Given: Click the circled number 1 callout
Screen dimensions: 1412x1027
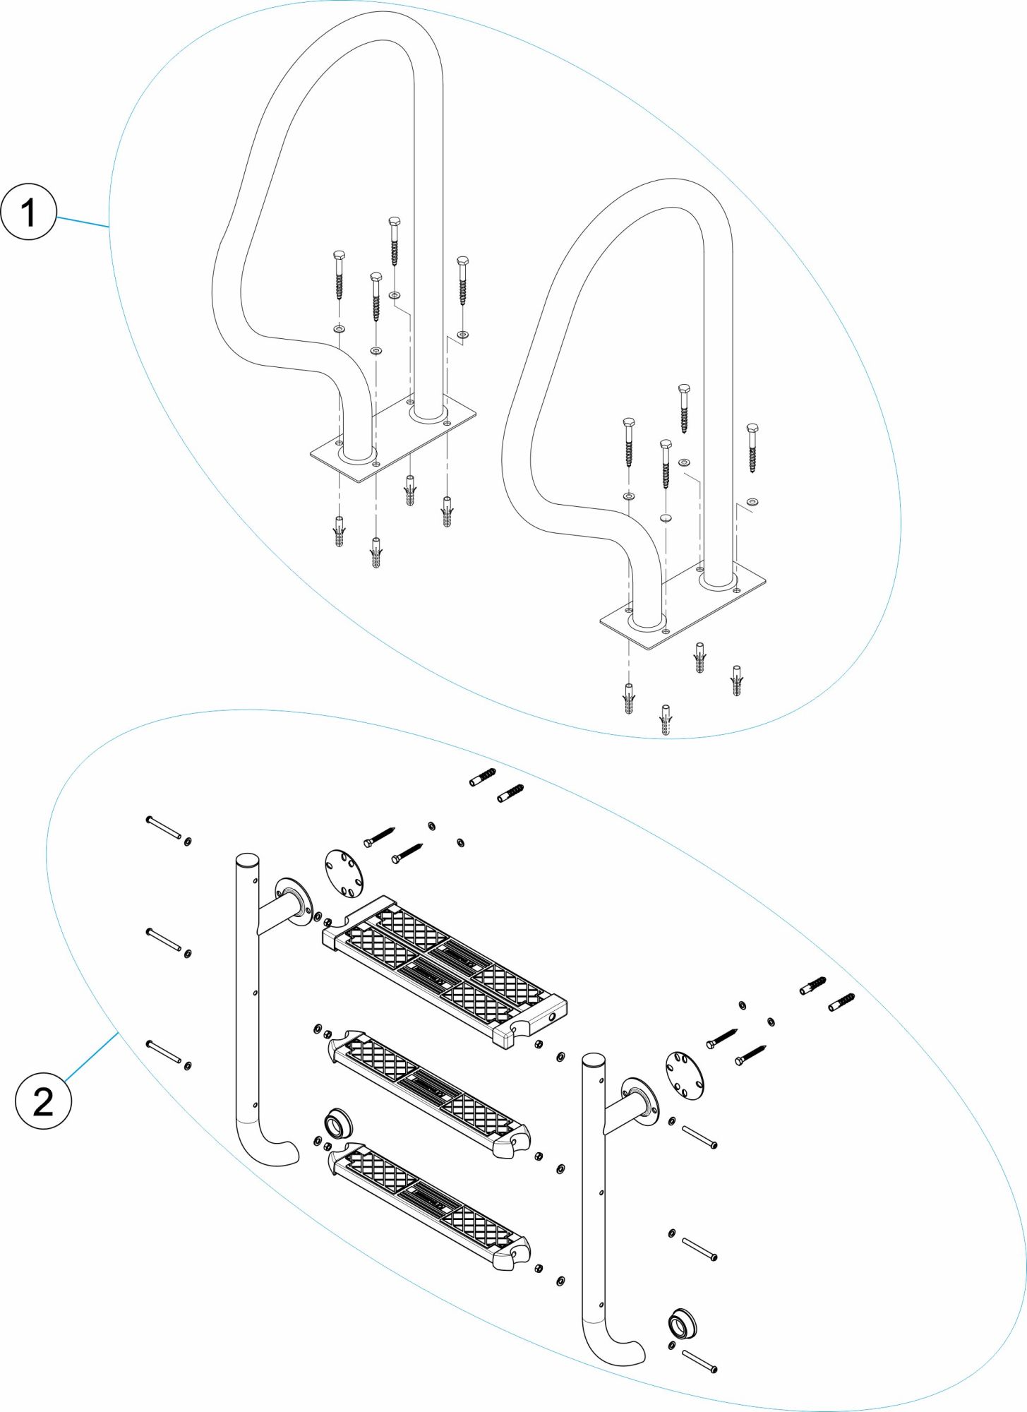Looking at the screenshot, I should pos(28,212).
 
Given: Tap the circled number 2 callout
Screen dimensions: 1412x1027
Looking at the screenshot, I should pos(43,1101).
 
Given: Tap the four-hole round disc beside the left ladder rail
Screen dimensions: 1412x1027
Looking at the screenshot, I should pos(344,873).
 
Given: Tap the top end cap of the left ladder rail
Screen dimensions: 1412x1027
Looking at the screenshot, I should pos(247,860).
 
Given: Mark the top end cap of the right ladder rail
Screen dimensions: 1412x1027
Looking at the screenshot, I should pos(593,1060).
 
